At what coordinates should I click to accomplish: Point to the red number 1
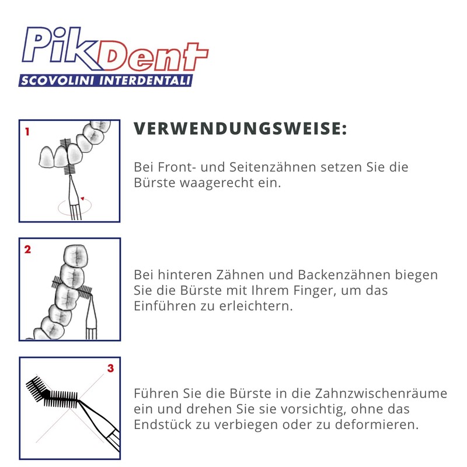click(27, 132)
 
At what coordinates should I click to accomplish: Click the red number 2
click(27, 250)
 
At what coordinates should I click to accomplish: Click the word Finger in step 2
click(311, 290)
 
